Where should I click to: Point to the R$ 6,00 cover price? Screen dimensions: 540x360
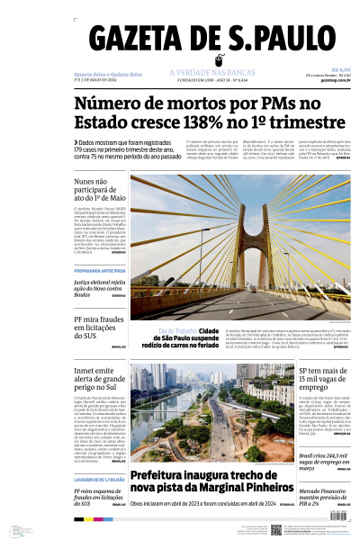[x=341, y=69]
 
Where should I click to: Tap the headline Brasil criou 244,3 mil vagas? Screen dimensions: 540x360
[x=324, y=461]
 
